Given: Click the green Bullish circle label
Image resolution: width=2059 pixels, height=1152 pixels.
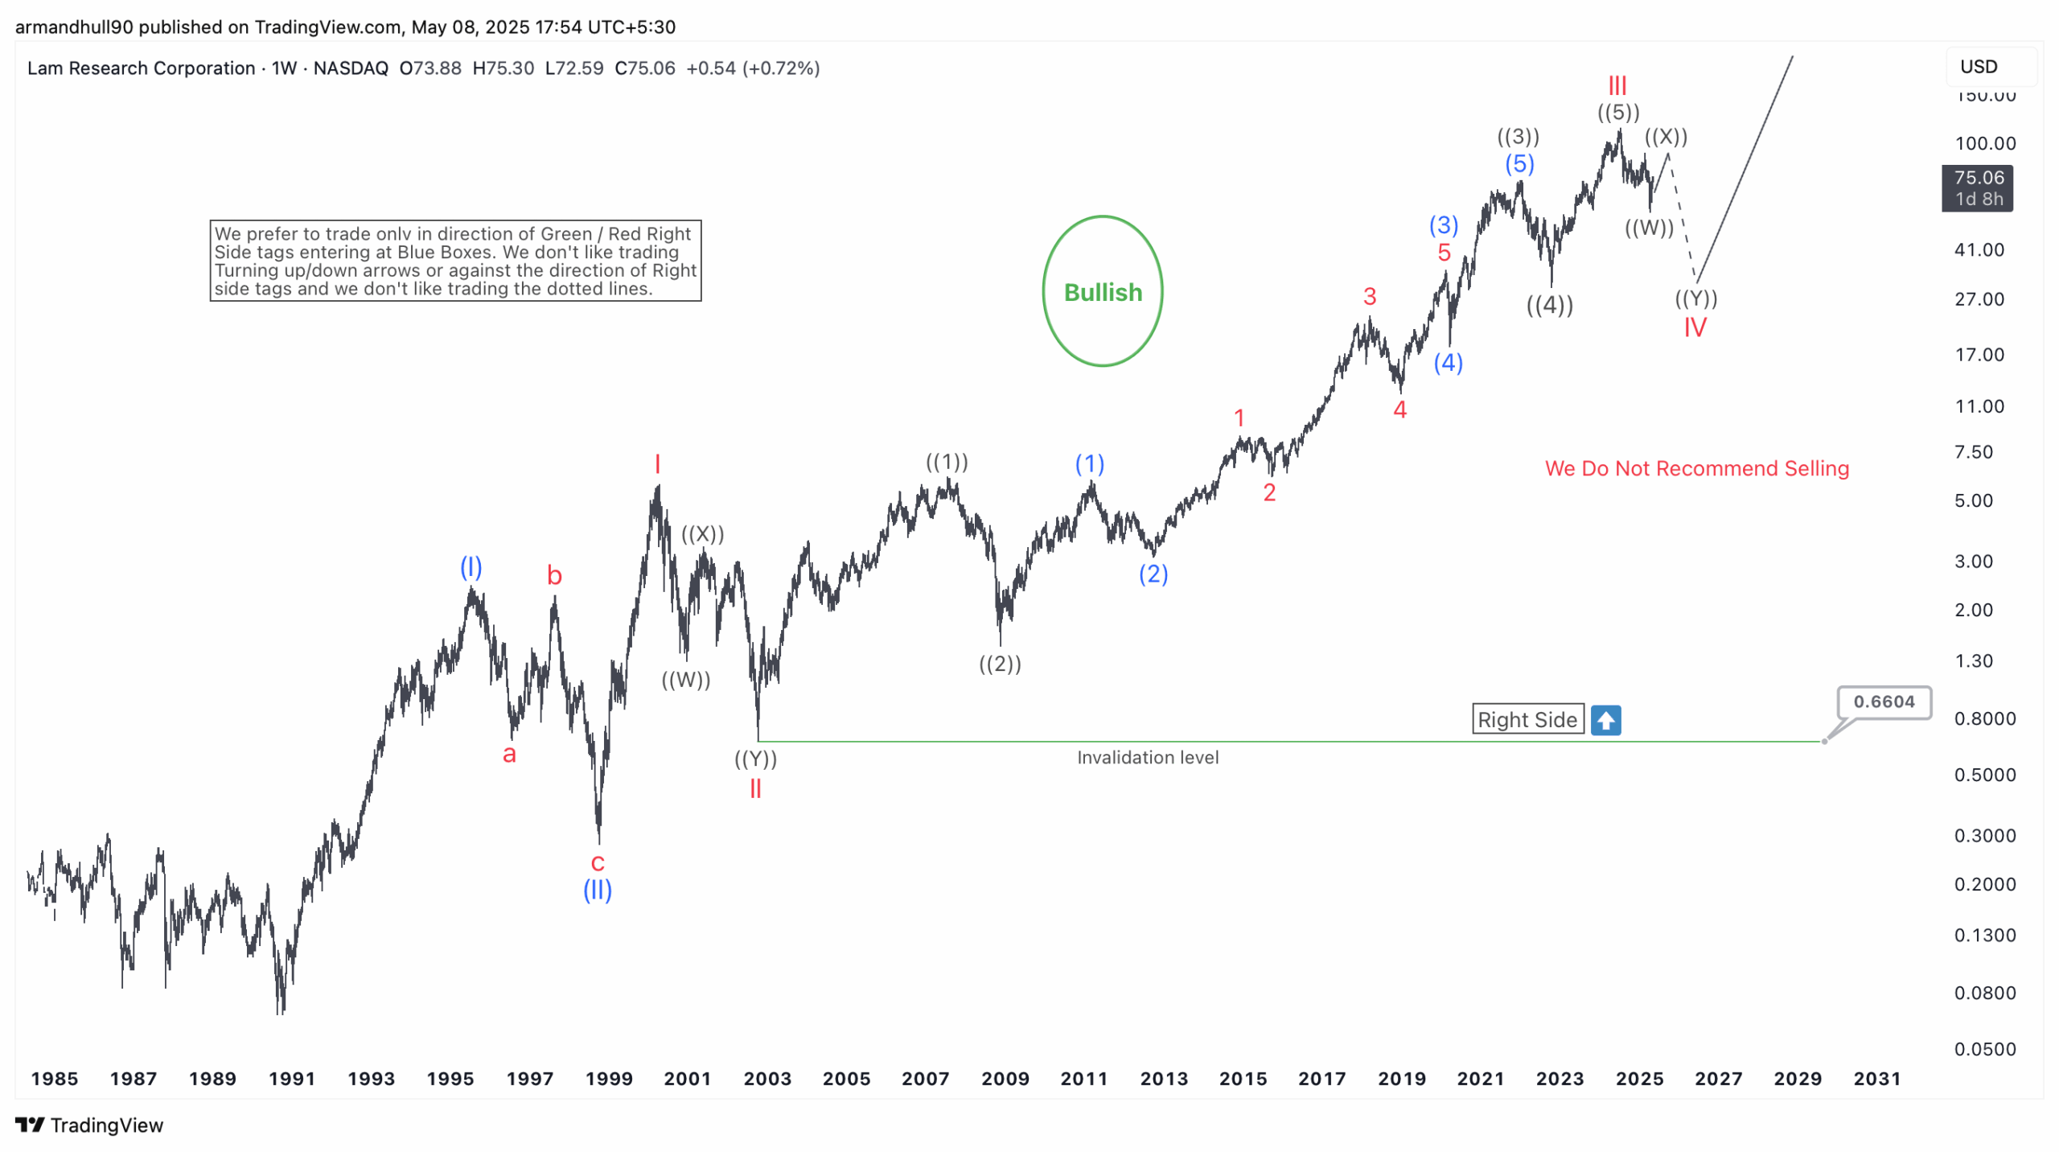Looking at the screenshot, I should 1102,291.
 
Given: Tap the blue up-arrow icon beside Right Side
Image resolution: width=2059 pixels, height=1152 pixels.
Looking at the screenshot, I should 1605,719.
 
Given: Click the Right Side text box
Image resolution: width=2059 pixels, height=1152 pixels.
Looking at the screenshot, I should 1527,719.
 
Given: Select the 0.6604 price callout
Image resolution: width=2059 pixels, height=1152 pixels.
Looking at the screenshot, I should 1883,701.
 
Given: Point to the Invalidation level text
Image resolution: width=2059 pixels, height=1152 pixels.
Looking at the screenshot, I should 1147,757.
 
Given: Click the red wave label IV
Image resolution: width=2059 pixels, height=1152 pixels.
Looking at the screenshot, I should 1694,327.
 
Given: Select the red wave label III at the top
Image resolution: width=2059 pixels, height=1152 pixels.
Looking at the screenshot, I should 1617,85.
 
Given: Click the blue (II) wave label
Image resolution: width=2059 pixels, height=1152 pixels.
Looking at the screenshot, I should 597,890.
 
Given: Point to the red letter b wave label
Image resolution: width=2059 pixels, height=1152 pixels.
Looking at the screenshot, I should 554,576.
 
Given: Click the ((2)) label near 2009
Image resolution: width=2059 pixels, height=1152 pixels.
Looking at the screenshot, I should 1000,664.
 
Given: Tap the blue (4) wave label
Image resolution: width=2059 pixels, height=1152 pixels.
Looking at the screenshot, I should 1448,363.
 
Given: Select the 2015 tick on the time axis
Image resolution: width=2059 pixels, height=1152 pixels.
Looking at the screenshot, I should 1243,1079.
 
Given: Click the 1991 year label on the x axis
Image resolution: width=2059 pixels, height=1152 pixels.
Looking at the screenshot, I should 291,1079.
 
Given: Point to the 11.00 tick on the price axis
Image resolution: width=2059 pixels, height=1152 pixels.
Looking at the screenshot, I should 1979,406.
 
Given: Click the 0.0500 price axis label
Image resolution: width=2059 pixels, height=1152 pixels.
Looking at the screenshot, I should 1984,1049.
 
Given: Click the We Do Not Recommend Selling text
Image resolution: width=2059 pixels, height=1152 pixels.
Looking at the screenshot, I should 1696,468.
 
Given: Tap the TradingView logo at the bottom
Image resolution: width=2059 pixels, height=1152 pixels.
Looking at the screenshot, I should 89,1125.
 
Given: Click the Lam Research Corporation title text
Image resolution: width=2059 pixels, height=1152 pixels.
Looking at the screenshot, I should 141,68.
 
